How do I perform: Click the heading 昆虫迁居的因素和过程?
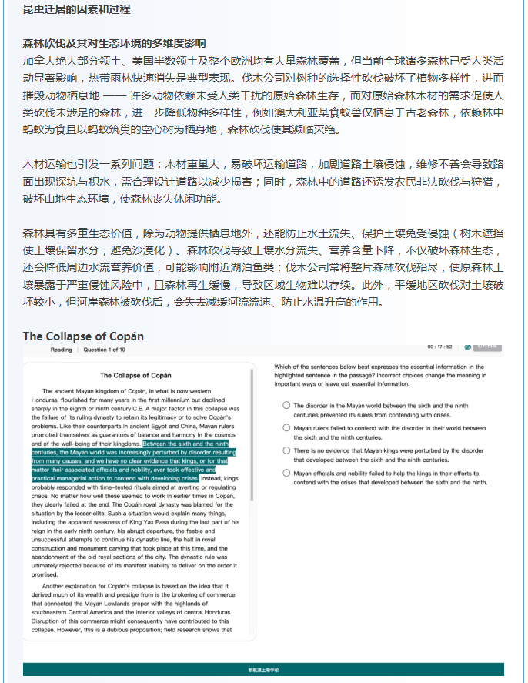pyautogui.click(x=76, y=10)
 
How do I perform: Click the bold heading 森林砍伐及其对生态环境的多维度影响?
pyautogui.click(x=114, y=43)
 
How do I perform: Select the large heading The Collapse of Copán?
pyautogui.click(x=83, y=336)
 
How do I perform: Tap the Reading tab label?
pyautogui.click(x=62, y=350)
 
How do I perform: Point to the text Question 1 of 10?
pyautogui.click(x=105, y=350)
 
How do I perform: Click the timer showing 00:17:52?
pyautogui.click(x=439, y=347)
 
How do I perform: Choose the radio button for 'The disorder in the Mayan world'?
pyautogui.click(x=286, y=405)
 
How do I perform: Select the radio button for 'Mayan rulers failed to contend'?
pyautogui.click(x=286, y=428)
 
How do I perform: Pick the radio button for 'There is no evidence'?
pyautogui.click(x=286, y=450)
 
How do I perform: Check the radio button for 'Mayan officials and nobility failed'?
pyautogui.click(x=286, y=474)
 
